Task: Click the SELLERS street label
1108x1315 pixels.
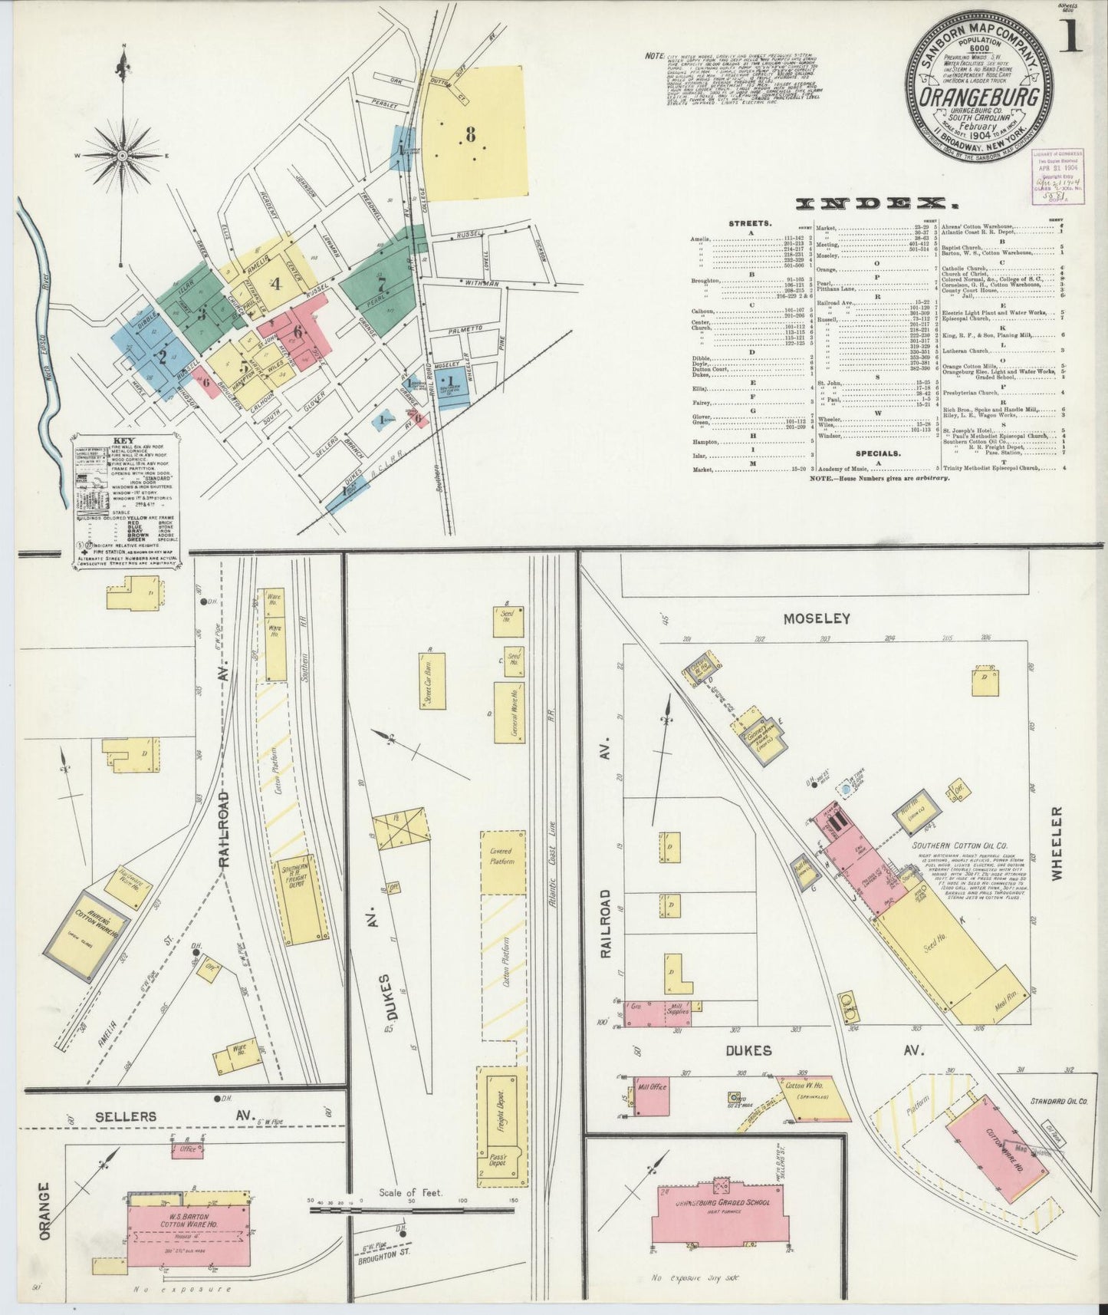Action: [x=127, y=1116]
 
